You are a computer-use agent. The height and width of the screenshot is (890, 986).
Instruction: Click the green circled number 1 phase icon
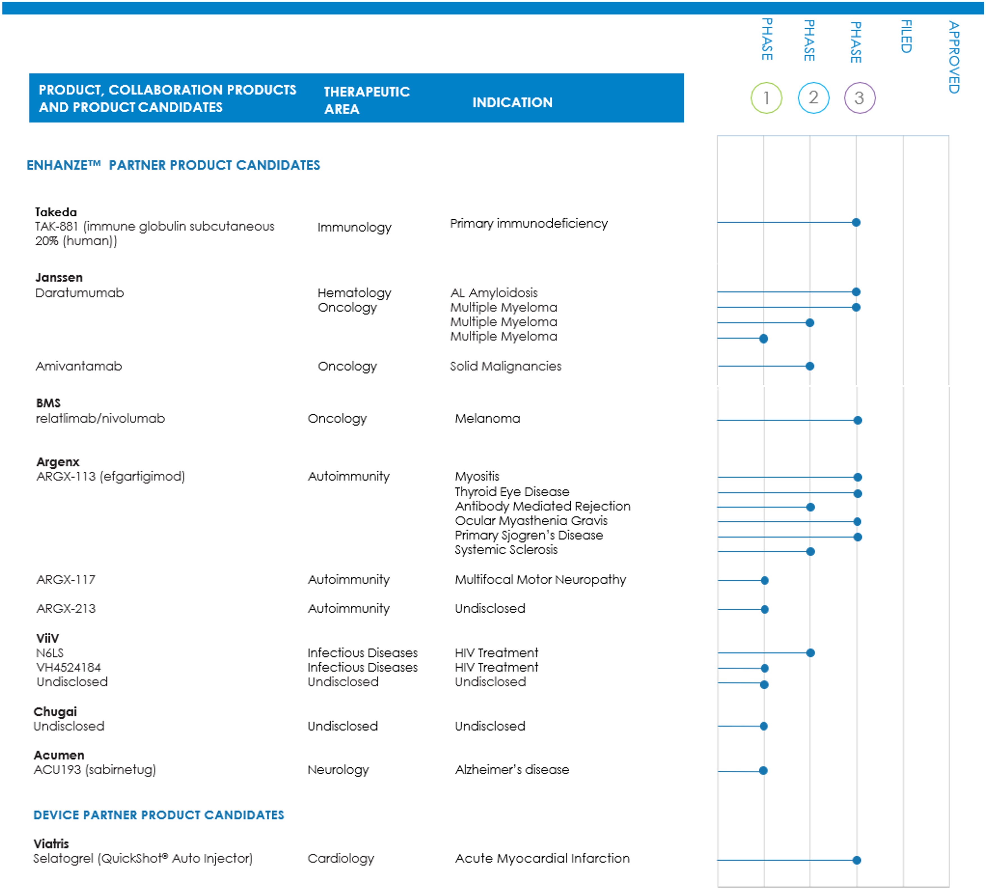[766, 98]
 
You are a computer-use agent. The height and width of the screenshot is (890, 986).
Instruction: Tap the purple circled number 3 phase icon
[859, 98]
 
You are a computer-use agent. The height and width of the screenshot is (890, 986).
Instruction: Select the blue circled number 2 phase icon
[813, 98]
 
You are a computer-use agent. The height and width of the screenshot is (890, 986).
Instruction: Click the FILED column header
[906, 37]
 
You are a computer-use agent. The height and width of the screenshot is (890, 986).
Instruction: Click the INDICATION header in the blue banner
[512, 102]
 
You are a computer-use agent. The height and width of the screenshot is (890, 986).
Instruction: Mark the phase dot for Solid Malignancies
[810, 366]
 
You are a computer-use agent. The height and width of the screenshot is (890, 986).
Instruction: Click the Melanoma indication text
[487, 419]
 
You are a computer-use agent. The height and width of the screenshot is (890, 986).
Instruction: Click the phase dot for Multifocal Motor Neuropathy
[765, 580]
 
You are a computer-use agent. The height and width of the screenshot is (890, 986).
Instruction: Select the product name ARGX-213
[66, 609]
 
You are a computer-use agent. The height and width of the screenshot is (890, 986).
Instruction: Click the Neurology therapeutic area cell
[338, 770]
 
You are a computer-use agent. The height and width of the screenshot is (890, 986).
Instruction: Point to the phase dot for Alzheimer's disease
[763, 771]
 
